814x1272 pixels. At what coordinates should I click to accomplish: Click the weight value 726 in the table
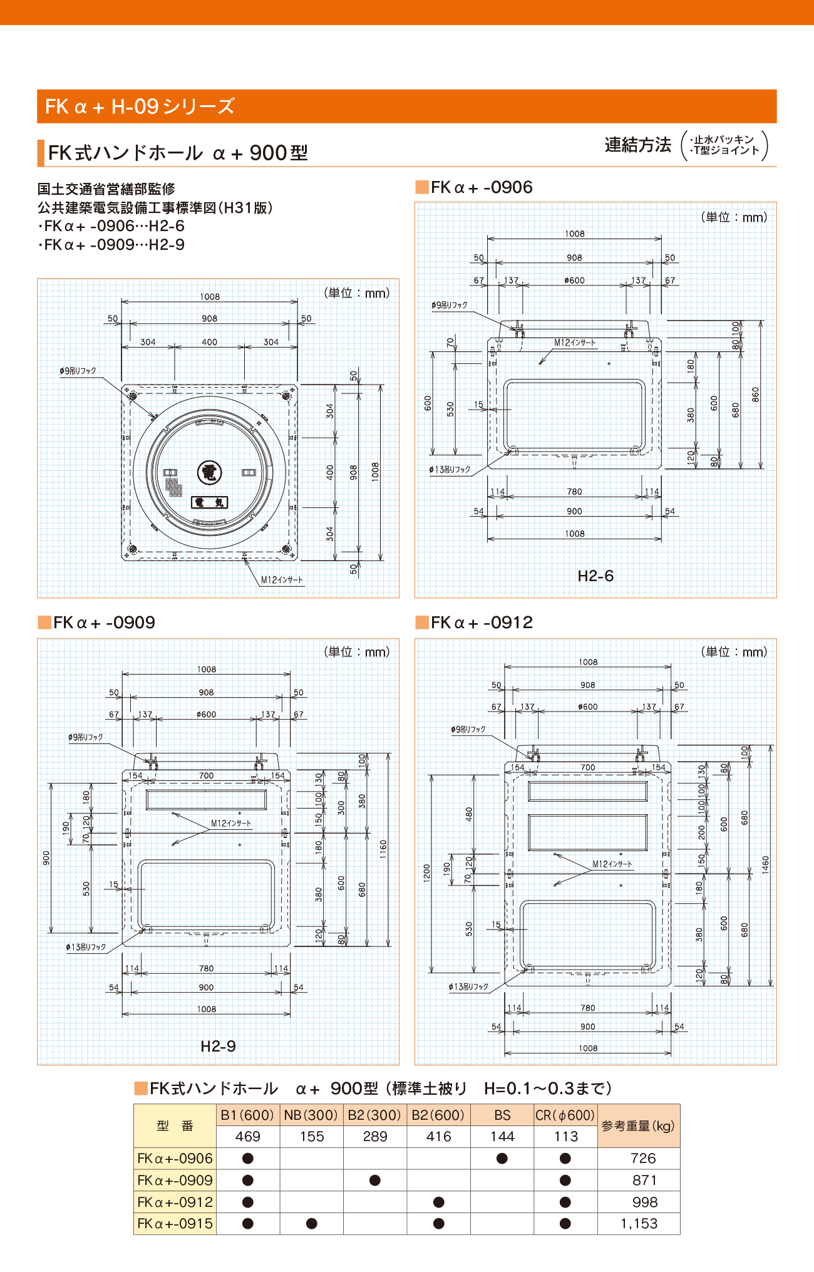643,1158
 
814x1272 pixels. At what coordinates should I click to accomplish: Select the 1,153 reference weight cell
639,1223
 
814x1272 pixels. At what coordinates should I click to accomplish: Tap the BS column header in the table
502,1115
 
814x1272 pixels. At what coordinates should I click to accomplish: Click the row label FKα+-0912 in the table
175,1202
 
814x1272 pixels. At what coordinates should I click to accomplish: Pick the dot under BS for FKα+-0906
502,1158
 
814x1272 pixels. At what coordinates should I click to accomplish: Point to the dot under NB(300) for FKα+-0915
312,1223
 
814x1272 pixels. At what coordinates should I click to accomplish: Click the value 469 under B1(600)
248,1136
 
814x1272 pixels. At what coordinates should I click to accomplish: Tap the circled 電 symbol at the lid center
209,472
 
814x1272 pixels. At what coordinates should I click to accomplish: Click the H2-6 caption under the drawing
595,576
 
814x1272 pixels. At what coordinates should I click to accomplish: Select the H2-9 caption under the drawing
218,1046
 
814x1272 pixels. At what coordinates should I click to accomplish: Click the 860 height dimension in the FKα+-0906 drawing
756,395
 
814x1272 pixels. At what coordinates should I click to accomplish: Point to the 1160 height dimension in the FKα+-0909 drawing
383,849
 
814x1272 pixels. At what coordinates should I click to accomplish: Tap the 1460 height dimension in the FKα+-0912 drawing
765,865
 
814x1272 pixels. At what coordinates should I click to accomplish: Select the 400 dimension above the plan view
209,342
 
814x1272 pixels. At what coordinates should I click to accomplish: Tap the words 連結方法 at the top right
637,145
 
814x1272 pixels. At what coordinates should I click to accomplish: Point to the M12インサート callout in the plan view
282,580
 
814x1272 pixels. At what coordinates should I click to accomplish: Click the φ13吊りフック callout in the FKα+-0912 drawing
468,986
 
